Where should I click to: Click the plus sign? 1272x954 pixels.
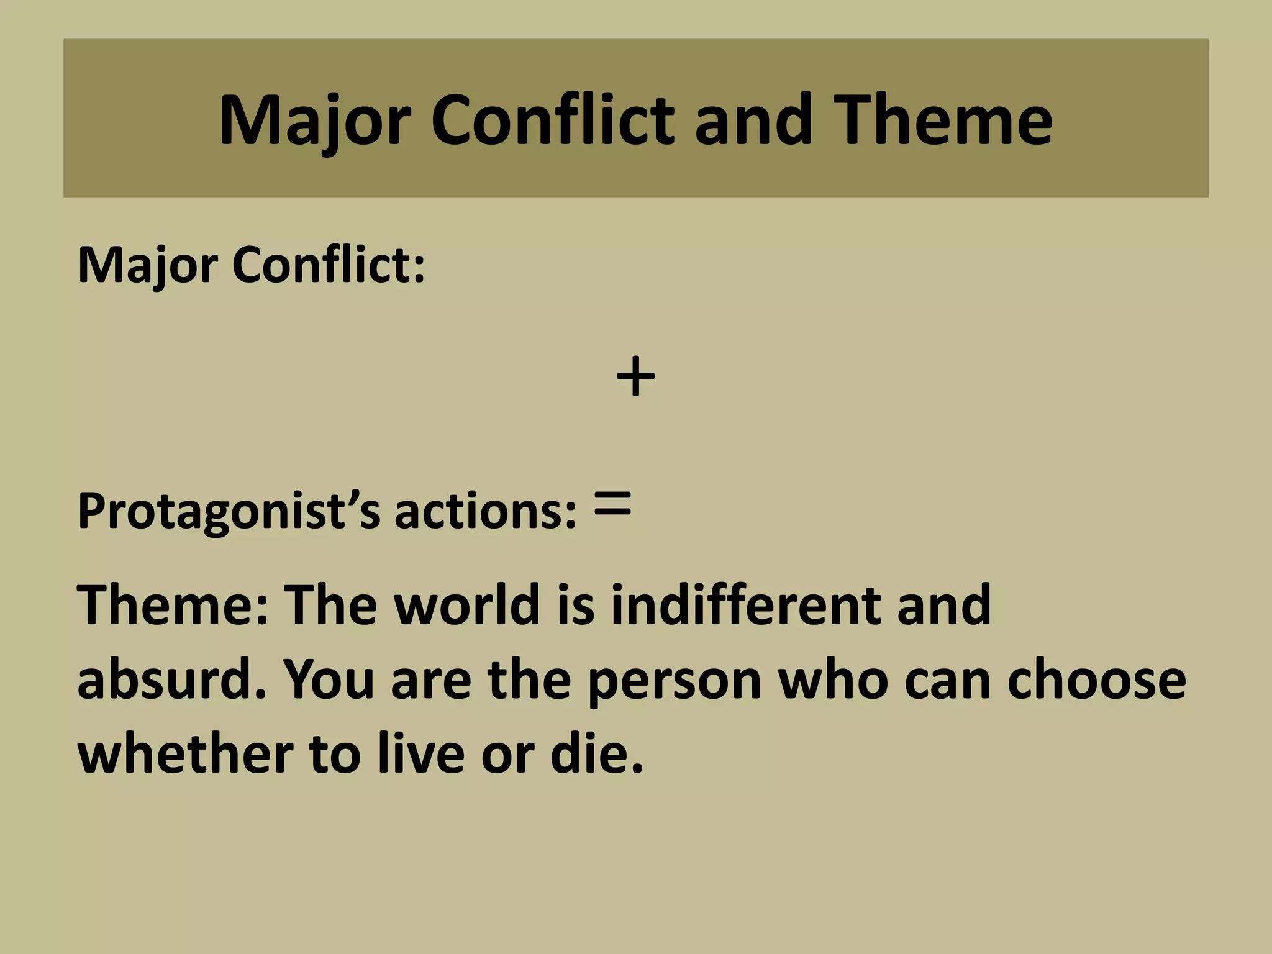click(x=635, y=376)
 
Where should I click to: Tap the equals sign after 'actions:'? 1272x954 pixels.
click(x=612, y=504)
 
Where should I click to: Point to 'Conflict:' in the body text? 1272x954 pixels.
click(x=329, y=266)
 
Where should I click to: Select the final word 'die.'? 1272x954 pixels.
click(x=597, y=753)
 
